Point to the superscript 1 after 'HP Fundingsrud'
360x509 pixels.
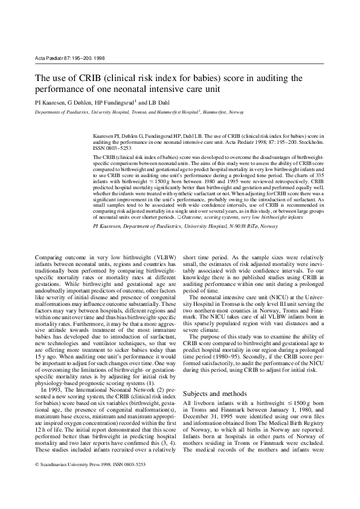click(136, 100)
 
